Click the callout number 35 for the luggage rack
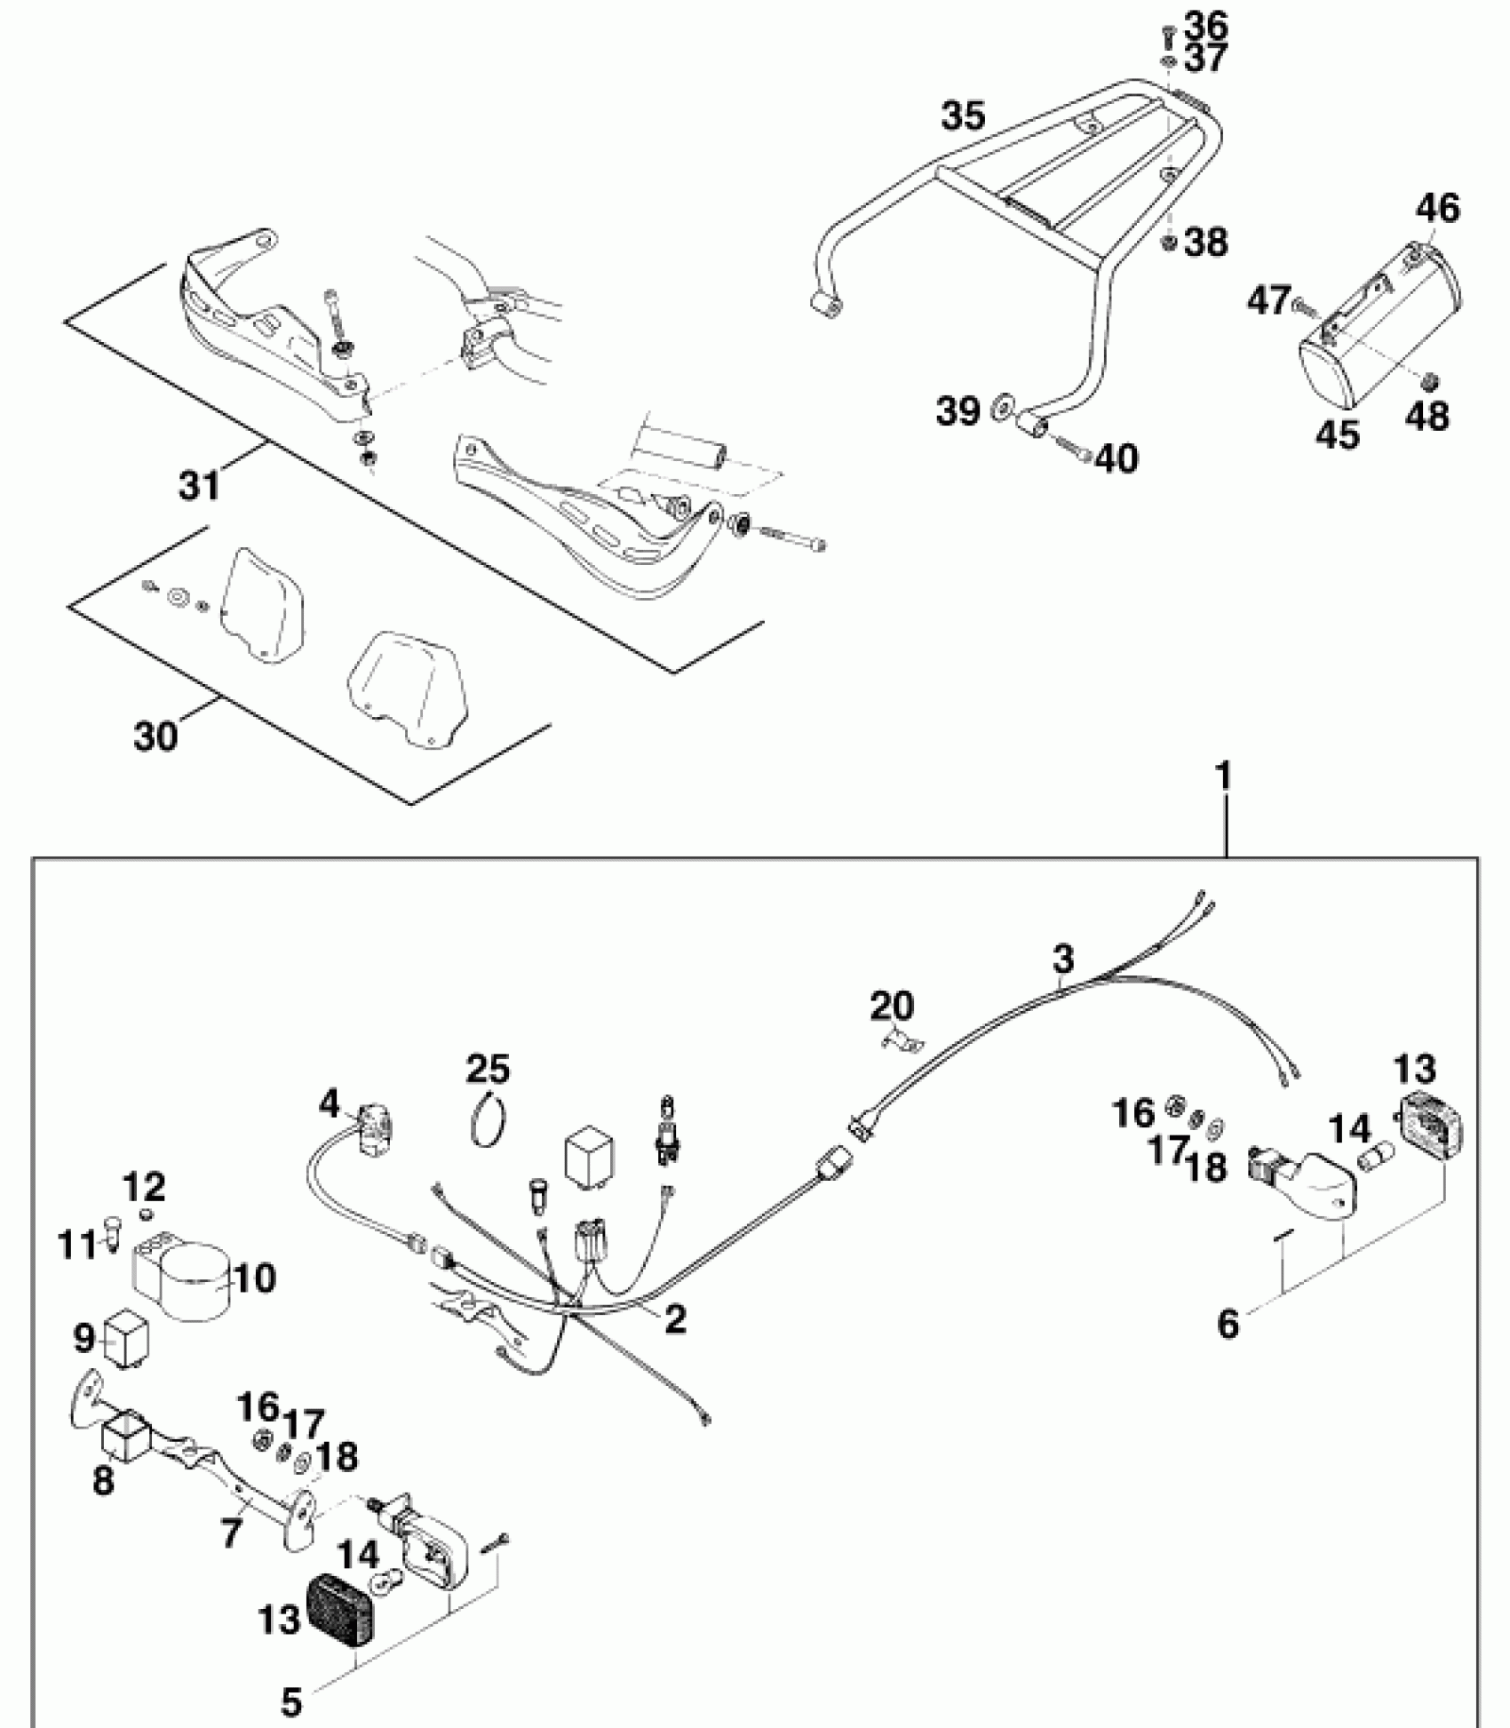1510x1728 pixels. pos(964,116)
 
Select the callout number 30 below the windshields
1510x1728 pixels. pos(156,737)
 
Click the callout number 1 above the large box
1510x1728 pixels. pos(1224,779)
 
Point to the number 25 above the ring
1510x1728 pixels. pos(489,1069)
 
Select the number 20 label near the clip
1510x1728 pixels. pos(891,1007)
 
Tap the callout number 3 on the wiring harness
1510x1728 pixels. pos(1062,960)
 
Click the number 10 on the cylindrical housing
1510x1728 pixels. pos(256,1278)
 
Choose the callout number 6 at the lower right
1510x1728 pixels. pos(1228,1324)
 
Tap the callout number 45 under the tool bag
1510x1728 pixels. pos(1338,434)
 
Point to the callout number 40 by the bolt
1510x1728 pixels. pos(1117,458)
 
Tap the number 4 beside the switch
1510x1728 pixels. pos(330,1104)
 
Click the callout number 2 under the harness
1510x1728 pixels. pos(675,1318)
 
